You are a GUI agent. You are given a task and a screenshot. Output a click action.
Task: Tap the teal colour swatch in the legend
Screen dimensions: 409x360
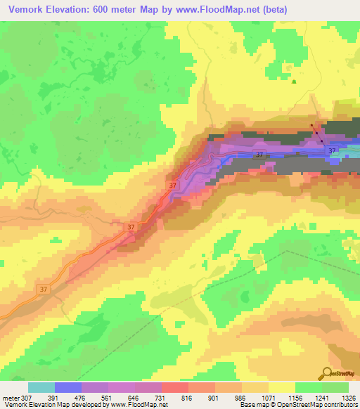tap(41, 387)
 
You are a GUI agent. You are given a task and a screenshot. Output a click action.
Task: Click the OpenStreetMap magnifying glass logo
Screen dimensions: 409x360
tap(328, 373)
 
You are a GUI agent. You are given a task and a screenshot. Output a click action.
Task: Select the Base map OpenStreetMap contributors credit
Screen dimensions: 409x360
tap(298, 405)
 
